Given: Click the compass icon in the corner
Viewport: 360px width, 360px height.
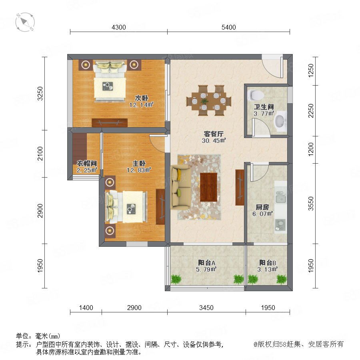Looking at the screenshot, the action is (x=25, y=22).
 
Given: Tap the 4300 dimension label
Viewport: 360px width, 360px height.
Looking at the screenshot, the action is (x=119, y=27).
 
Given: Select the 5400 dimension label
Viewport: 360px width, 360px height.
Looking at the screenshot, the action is (x=229, y=27).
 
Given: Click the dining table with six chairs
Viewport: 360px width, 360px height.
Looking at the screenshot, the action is (x=209, y=100).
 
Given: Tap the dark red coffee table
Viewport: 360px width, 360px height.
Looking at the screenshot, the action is (x=208, y=187).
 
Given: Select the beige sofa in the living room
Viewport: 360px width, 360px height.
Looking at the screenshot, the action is (x=180, y=187).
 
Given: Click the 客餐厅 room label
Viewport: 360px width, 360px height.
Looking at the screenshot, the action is (x=214, y=134).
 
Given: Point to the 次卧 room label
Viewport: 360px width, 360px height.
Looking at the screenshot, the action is (x=141, y=98).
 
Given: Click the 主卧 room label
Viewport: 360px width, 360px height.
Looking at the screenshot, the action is (x=139, y=164).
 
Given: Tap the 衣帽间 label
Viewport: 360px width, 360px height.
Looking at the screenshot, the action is (x=87, y=164).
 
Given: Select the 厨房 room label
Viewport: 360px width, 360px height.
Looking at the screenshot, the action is (x=262, y=207).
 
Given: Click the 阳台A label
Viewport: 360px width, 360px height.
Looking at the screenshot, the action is (x=207, y=263).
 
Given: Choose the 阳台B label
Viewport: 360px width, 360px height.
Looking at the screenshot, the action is (x=268, y=263).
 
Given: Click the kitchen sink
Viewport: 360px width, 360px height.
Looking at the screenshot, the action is (x=280, y=197).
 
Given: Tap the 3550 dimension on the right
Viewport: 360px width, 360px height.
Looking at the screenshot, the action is (x=311, y=204).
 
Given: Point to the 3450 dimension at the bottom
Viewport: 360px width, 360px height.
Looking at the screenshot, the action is (x=206, y=308).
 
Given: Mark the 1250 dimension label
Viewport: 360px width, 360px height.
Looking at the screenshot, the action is (x=311, y=71).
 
